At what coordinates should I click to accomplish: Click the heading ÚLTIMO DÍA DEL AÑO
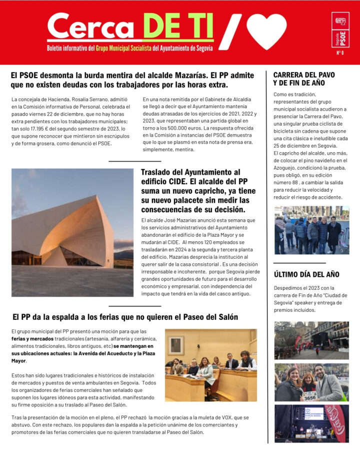pyautogui.click(x=306, y=274)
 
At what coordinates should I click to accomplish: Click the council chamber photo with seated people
pyautogui.click(x=210, y=364)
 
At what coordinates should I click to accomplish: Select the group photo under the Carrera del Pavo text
pyautogui.click(x=311, y=230)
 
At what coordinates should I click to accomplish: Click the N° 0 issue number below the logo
pyautogui.click(x=340, y=53)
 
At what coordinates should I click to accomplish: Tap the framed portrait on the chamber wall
pyautogui.click(x=175, y=345)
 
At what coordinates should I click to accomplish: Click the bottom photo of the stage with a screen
pyautogui.click(x=311, y=423)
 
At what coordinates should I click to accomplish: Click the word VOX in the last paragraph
pyautogui.click(x=202, y=417)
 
